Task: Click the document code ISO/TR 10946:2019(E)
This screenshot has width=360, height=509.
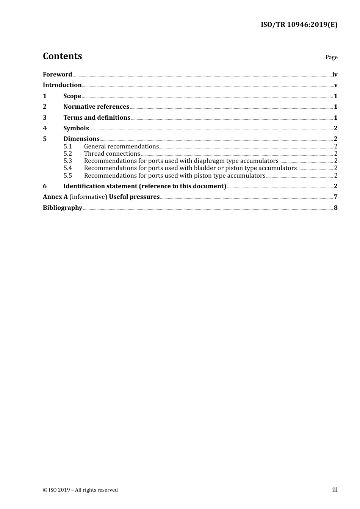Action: click(299, 25)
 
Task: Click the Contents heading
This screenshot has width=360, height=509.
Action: click(62, 56)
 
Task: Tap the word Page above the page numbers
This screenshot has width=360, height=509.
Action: click(331, 57)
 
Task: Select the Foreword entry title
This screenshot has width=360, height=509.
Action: click(57, 74)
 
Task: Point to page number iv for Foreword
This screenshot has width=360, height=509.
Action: click(335, 74)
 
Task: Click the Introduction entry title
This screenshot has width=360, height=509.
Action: click(62, 85)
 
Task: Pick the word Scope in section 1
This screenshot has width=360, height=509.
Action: click(72, 96)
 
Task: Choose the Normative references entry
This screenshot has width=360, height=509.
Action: click(96, 106)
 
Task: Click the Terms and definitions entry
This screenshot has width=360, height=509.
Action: click(97, 117)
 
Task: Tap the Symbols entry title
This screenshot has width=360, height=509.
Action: click(76, 128)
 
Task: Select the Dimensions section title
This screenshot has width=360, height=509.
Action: click(81, 139)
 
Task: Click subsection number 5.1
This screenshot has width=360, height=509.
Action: click(67, 146)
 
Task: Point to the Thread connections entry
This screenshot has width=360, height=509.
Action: click(112, 153)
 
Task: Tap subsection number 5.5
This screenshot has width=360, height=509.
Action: click(67, 175)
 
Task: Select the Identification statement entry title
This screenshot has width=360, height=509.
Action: click(144, 186)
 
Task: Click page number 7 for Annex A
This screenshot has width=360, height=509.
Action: click(335, 197)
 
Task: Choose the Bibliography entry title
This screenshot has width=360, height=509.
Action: click(63, 208)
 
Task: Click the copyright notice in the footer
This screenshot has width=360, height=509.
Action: click(80, 490)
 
